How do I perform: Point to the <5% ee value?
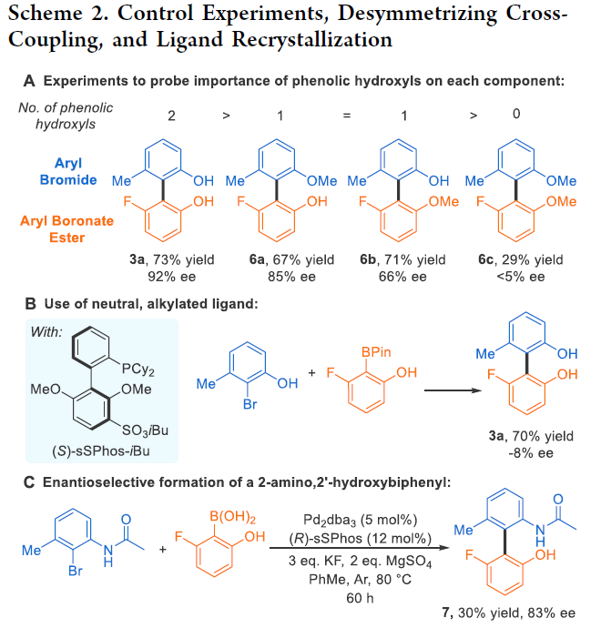tap(522, 276)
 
